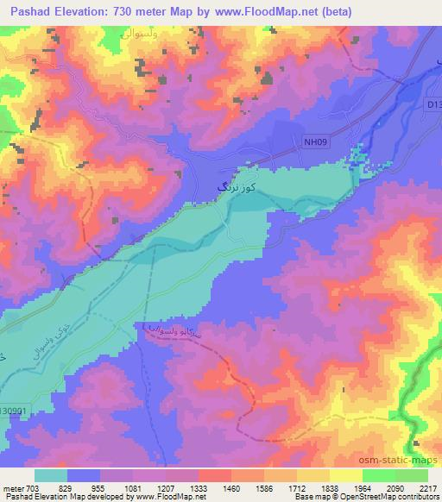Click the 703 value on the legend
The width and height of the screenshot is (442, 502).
point(34,489)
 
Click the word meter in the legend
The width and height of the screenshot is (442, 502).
point(12,489)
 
